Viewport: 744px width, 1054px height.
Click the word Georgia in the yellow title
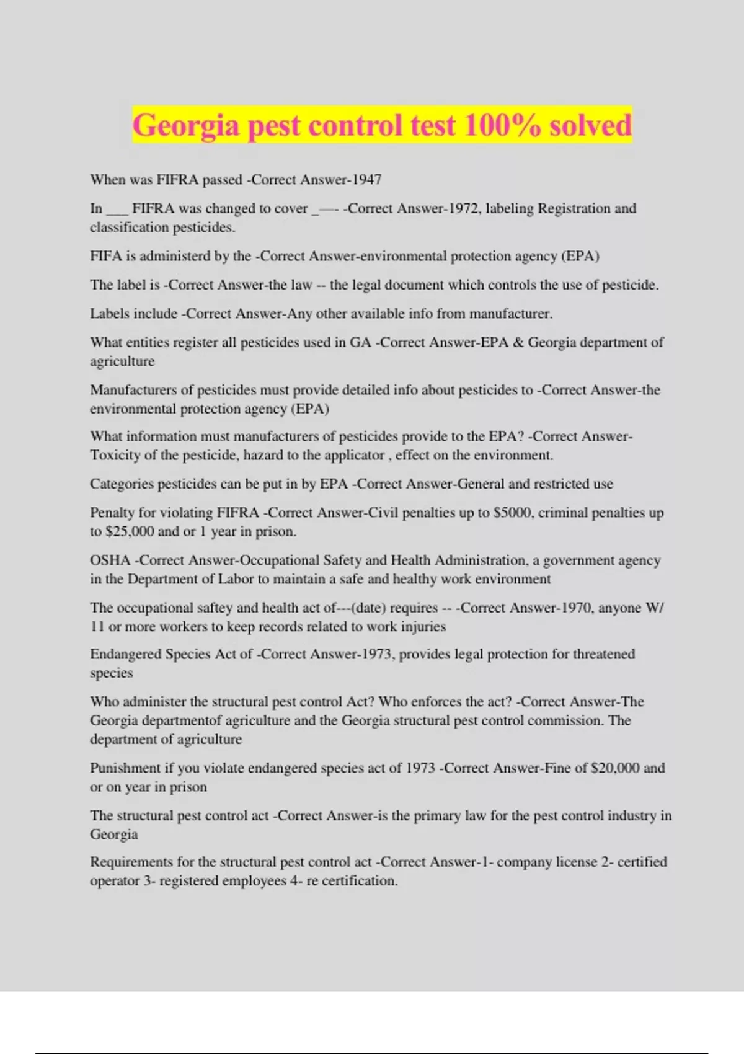point(185,125)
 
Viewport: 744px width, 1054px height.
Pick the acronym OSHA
point(110,560)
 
